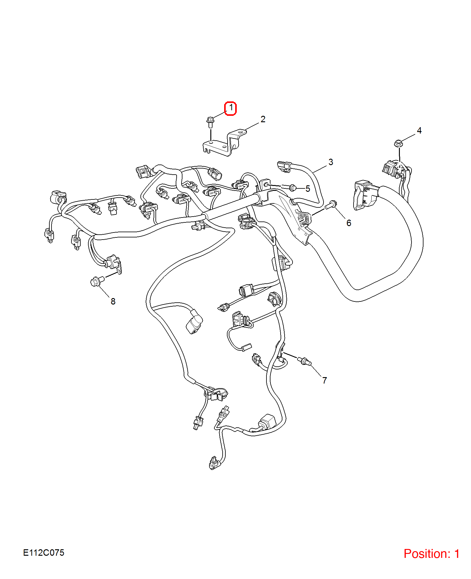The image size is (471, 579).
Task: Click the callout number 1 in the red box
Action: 231,108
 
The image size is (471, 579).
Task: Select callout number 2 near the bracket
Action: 263,119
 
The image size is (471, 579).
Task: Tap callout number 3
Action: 331,162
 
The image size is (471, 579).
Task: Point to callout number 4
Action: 419,131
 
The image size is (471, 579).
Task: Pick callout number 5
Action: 308,189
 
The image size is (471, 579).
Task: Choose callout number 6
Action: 349,223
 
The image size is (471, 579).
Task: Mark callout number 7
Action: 325,380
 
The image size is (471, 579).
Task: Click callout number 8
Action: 113,301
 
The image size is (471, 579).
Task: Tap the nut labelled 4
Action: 398,143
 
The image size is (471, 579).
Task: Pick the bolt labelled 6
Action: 331,204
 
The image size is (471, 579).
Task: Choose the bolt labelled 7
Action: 304,361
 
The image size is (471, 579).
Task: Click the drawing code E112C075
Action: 44,553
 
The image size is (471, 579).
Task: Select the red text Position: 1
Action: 431,554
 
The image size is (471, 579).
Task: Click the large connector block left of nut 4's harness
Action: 366,195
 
